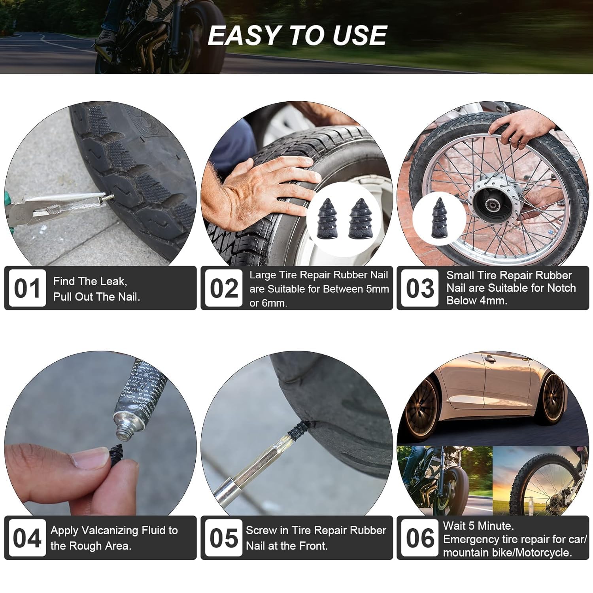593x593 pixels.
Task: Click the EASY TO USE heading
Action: coord(297,36)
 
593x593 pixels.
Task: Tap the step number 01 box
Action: coord(27,288)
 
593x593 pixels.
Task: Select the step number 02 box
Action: coord(223,288)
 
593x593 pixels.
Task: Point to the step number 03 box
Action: coord(419,288)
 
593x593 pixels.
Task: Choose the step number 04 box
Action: coord(27,538)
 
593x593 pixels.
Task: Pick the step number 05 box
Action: coord(223,538)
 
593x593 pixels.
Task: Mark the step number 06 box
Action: coord(419,538)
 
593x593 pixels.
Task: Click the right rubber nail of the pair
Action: coord(359,218)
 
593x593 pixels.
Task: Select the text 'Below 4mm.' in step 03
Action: coord(476,301)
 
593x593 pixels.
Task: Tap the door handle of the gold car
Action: coord(489,359)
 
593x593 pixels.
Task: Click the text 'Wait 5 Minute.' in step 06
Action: coord(478,526)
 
